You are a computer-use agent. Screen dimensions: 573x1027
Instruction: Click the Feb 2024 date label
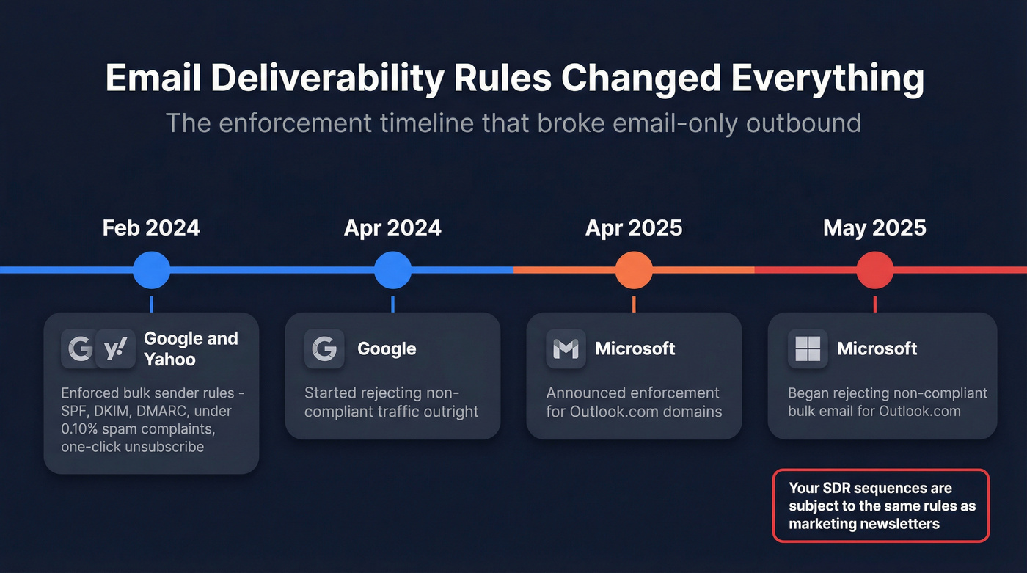(x=151, y=227)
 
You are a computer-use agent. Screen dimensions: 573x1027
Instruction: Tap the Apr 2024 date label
(x=392, y=227)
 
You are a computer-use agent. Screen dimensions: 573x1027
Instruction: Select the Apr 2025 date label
(x=634, y=227)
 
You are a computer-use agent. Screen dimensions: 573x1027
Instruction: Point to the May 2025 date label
(x=874, y=227)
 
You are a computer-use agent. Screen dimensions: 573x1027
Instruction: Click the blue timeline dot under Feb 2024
(x=151, y=270)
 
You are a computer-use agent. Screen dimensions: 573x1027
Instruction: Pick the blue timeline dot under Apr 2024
(x=392, y=270)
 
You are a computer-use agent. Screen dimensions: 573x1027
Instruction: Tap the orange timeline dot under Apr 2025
(x=634, y=270)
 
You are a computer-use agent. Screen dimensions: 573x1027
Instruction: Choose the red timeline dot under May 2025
(x=874, y=270)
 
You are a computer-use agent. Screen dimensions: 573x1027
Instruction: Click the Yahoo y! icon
(x=115, y=348)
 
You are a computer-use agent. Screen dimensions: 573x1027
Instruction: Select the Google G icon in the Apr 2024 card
(x=324, y=348)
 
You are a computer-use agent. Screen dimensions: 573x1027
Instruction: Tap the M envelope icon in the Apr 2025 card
(x=566, y=348)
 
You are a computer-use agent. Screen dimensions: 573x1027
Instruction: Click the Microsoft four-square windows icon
(x=807, y=348)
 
